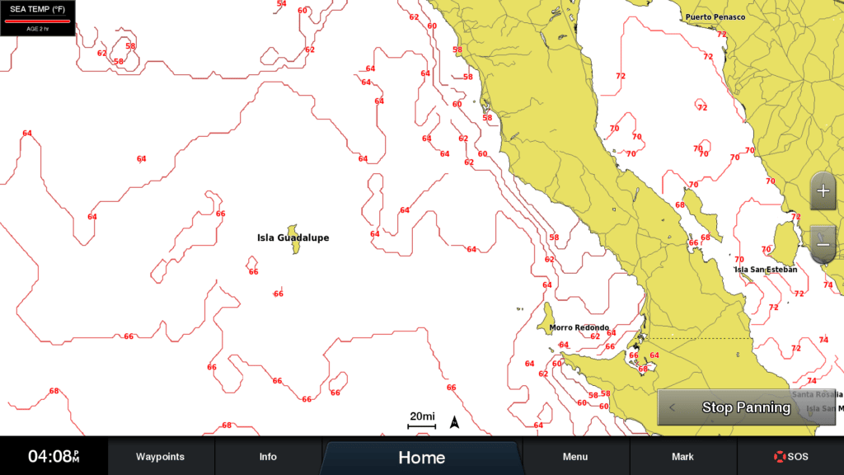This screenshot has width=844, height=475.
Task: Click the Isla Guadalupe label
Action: pos(293,238)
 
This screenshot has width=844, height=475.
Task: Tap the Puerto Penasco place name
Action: pos(715,17)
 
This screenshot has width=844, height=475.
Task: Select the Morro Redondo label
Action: pos(579,328)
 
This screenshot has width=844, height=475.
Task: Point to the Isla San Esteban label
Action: pos(766,270)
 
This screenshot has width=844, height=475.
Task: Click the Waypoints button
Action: pos(160,457)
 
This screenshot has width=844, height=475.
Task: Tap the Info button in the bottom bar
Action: pos(268,457)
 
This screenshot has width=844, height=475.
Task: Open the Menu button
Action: pos(575,457)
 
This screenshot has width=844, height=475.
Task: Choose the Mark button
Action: pos(682,457)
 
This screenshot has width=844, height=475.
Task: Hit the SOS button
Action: pos(790,457)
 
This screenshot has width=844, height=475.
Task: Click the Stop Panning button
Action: pos(745,407)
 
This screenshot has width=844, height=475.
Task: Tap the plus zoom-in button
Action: pos(823,191)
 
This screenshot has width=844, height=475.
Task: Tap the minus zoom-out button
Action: pos(823,245)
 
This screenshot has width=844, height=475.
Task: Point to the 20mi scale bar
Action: pos(422,421)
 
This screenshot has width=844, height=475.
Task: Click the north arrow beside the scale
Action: pos(454,423)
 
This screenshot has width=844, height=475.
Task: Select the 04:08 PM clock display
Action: pos(54,457)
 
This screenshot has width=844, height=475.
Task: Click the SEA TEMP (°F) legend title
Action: pos(38,9)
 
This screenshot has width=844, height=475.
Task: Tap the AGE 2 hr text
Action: pos(38,27)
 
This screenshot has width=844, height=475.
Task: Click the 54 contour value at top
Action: pos(282,4)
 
